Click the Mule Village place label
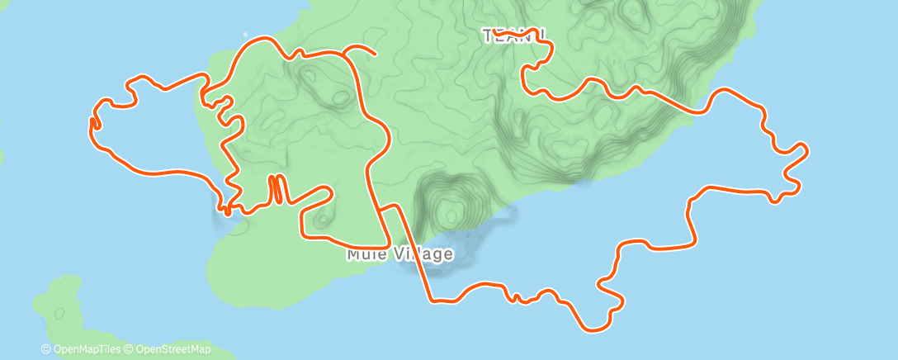[399, 253]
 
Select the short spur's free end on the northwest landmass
[376, 54]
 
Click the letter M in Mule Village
[353, 253]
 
